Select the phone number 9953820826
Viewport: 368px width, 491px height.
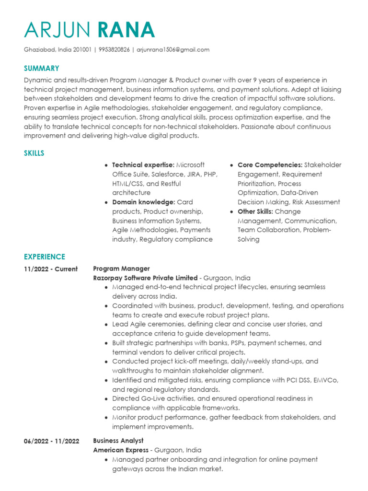click(114, 49)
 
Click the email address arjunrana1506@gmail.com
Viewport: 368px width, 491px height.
click(173, 49)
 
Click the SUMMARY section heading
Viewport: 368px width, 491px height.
click(42, 69)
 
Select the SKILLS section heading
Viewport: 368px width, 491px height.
click(34, 153)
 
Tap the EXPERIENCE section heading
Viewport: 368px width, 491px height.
click(45, 257)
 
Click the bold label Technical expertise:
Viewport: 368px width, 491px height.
click(143, 165)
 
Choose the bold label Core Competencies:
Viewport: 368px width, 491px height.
click(270, 165)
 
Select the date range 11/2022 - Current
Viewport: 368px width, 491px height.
click(50, 269)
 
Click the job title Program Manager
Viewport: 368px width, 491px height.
click(121, 269)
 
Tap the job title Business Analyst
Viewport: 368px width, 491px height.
click(118, 441)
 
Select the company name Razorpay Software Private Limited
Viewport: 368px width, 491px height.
click(145, 278)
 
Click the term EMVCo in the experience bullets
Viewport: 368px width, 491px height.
click(325, 380)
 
